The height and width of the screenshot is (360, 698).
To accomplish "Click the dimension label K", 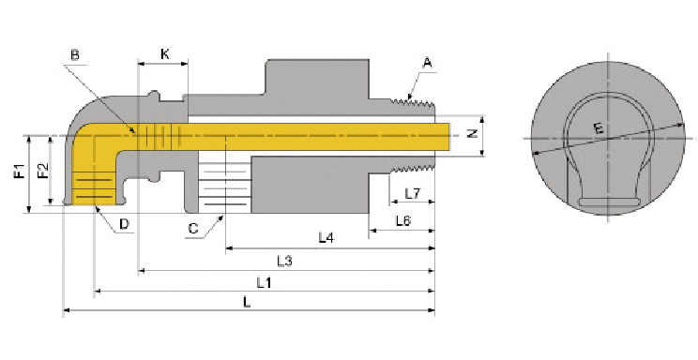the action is (x=165, y=54).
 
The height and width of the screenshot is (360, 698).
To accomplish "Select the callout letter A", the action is (x=428, y=63).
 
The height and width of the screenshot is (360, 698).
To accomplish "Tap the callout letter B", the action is (x=75, y=54).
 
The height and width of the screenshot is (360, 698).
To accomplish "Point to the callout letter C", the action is (x=193, y=229).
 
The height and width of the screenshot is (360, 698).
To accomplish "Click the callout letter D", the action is (x=124, y=224).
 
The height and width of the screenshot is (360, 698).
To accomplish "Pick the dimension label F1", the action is (x=20, y=172).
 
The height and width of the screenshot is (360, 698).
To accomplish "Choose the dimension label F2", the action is (x=43, y=171).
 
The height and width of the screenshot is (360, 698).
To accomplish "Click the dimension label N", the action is (x=473, y=132).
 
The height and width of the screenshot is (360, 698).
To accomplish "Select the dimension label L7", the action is (x=412, y=193).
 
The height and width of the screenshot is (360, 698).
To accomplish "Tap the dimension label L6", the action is (x=403, y=220).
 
